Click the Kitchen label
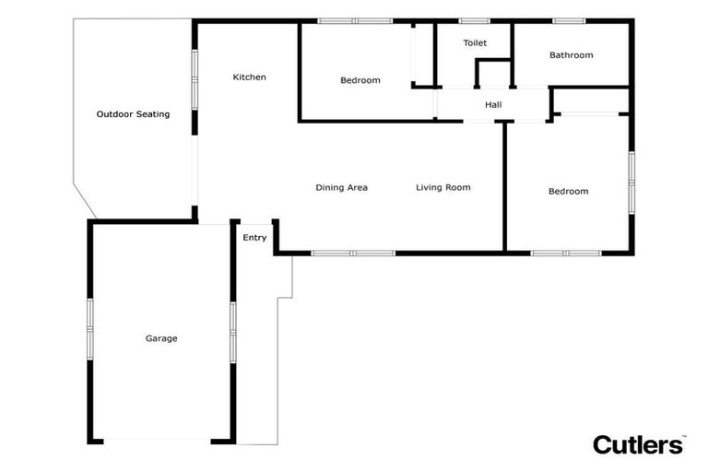point(249,77)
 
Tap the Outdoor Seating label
point(133,114)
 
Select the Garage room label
point(161,338)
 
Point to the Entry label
point(254,238)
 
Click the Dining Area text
point(341,188)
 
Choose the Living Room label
point(442,188)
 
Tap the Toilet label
point(475,43)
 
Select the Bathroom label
point(571,55)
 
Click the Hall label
point(493,105)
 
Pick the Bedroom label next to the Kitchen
point(360,81)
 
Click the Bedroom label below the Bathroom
point(568,192)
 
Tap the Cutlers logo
point(639,444)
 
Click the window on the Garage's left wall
point(90,329)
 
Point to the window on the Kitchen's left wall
point(195,80)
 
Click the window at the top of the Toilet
point(474,20)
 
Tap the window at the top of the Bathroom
point(569,20)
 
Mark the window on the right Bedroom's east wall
point(631,182)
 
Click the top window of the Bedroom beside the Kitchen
point(355,20)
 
